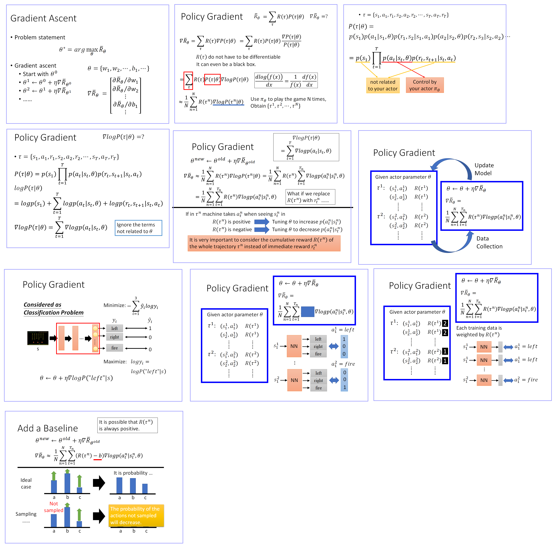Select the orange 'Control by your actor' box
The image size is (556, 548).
425,85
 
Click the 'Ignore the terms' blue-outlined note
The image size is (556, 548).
138,228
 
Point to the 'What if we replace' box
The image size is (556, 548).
310,197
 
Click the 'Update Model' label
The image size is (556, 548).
484,169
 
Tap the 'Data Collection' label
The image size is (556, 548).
489,242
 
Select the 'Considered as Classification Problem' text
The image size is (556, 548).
54,309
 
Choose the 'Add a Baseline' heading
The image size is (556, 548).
48,428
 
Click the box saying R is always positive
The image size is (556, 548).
127,425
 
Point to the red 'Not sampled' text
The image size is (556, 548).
54,507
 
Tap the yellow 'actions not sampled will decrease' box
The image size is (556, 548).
136,516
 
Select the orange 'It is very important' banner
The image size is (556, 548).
264,243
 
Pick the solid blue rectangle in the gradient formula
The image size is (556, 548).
308,312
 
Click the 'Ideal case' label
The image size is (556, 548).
26,484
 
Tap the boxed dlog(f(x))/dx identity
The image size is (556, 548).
286,81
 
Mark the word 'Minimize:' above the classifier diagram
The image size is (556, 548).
114,305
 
